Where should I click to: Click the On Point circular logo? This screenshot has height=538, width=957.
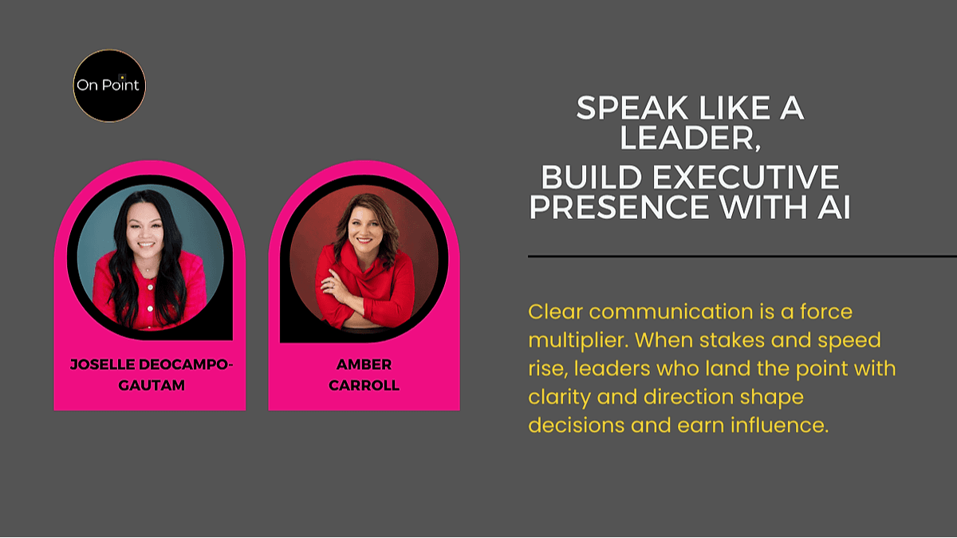coord(109,86)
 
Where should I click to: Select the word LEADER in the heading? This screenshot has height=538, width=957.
coord(687,137)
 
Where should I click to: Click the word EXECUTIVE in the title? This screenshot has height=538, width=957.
coord(746,177)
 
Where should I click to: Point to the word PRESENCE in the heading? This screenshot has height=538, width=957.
coord(619,206)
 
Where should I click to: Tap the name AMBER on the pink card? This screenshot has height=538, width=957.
coord(364,364)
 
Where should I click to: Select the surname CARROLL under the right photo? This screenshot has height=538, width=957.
coord(364,385)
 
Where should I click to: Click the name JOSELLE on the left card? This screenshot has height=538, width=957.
coord(103,364)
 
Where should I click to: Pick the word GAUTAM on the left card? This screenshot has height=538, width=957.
coord(152,385)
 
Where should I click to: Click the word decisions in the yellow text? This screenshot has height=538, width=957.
coord(577,426)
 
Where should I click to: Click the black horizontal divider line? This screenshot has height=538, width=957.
coord(742,256)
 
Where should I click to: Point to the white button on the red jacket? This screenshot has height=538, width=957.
coord(150,308)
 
